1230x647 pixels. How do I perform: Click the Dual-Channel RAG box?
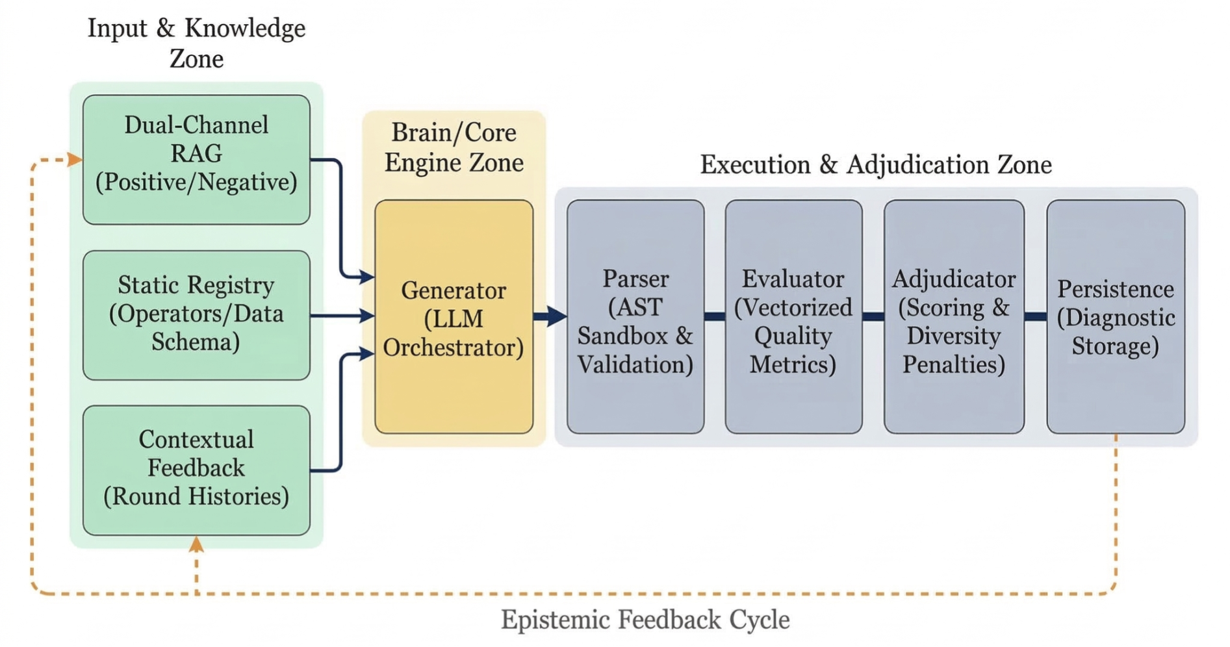pyautogui.click(x=196, y=159)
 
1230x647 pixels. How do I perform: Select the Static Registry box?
pyautogui.click(x=196, y=315)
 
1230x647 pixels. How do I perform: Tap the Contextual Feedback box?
pyautogui.click(x=196, y=470)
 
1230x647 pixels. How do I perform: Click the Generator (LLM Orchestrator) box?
pyautogui.click(x=454, y=316)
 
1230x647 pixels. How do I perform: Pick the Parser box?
pyautogui.click(x=635, y=316)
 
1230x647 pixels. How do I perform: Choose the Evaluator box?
pyautogui.click(x=793, y=316)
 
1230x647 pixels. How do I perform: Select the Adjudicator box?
pyautogui.click(x=953, y=316)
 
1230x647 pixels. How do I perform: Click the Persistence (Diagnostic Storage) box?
pyautogui.click(x=1115, y=316)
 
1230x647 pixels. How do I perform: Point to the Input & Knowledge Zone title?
pyautogui.click(x=196, y=43)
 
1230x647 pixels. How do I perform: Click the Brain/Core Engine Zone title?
pyautogui.click(x=454, y=147)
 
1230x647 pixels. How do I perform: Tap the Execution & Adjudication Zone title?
pyautogui.click(x=875, y=164)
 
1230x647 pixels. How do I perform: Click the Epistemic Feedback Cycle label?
pyautogui.click(x=645, y=620)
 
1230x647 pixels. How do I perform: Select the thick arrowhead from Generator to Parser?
pyautogui.click(x=556, y=316)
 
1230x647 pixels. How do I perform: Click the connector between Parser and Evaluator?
pyautogui.click(x=715, y=316)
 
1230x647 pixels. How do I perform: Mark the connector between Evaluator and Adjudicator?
pyautogui.click(x=873, y=316)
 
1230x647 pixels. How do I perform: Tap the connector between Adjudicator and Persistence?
pyautogui.click(x=1035, y=316)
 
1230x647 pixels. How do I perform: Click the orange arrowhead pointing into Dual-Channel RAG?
pyautogui.click(x=75, y=159)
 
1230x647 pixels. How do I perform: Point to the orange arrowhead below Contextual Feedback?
pyautogui.click(x=196, y=544)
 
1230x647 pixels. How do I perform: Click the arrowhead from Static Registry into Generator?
pyautogui.click(x=368, y=316)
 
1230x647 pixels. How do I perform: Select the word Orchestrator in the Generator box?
pyautogui.click(x=454, y=348)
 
